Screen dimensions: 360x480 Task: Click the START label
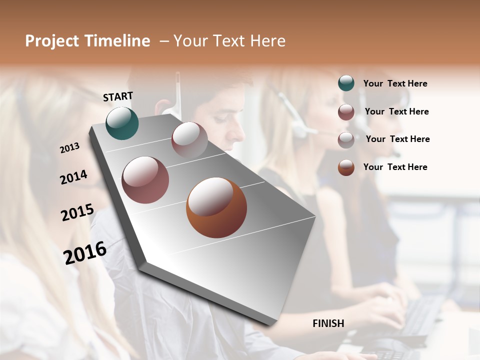pyautogui.click(x=118, y=96)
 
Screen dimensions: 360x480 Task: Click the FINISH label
pyautogui.click(x=328, y=323)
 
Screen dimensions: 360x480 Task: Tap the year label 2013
pyautogui.click(x=69, y=148)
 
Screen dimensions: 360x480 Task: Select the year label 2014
pyautogui.click(x=73, y=177)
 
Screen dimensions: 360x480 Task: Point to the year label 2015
pyautogui.click(x=77, y=212)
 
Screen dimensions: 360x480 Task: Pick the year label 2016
pyautogui.click(x=85, y=253)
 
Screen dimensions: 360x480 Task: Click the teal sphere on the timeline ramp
pyautogui.click(x=122, y=123)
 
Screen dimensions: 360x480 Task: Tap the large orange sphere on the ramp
pyautogui.click(x=216, y=207)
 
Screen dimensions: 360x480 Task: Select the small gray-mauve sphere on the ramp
pyautogui.click(x=189, y=139)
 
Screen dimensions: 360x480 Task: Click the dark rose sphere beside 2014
pyautogui.click(x=145, y=179)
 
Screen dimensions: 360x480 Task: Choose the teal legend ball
pyautogui.click(x=346, y=83)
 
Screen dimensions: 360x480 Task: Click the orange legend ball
pyautogui.click(x=346, y=167)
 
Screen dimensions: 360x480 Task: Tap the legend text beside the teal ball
pyautogui.click(x=395, y=83)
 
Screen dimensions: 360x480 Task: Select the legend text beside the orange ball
pyautogui.click(x=395, y=167)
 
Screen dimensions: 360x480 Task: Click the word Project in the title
pyautogui.click(x=52, y=41)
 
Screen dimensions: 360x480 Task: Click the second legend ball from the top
pyautogui.click(x=346, y=112)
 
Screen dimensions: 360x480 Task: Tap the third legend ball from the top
pyautogui.click(x=346, y=140)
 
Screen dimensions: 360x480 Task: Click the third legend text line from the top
pyautogui.click(x=397, y=139)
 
